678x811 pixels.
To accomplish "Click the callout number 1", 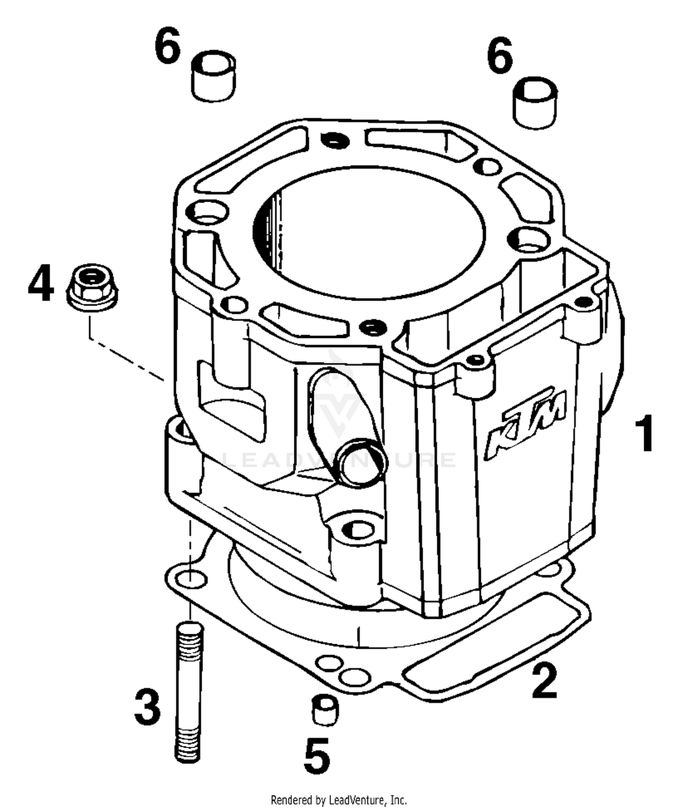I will (x=644, y=434).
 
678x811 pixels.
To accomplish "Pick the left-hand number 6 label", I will (x=167, y=45).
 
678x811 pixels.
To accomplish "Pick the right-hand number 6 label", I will (x=499, y=56).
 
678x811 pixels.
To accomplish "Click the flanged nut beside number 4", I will (x=92, y=287).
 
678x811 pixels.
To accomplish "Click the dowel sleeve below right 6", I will (x=535, y=104).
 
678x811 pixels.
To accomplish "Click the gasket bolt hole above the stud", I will (x=190, y=578).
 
